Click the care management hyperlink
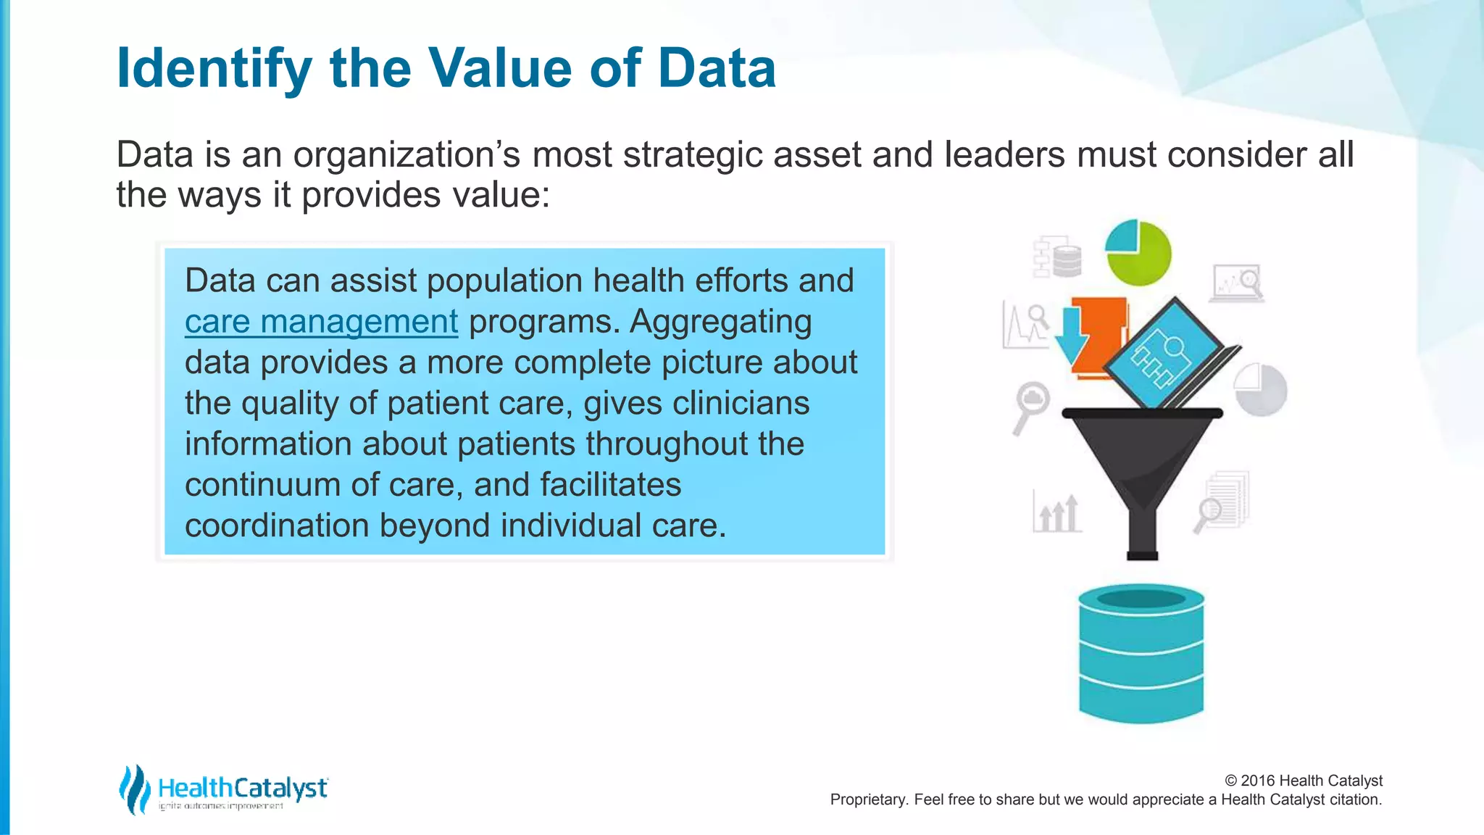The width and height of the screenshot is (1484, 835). (321, 322)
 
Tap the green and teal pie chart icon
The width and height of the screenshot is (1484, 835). (1138, 253)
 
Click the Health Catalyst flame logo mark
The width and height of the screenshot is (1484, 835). (133, 789)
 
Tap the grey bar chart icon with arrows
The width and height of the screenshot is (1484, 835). (1057, 512)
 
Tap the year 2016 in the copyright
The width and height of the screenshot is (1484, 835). (1258, 781)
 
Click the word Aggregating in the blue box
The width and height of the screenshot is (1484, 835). (720, 322)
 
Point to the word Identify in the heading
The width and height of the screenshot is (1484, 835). (214, 68)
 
